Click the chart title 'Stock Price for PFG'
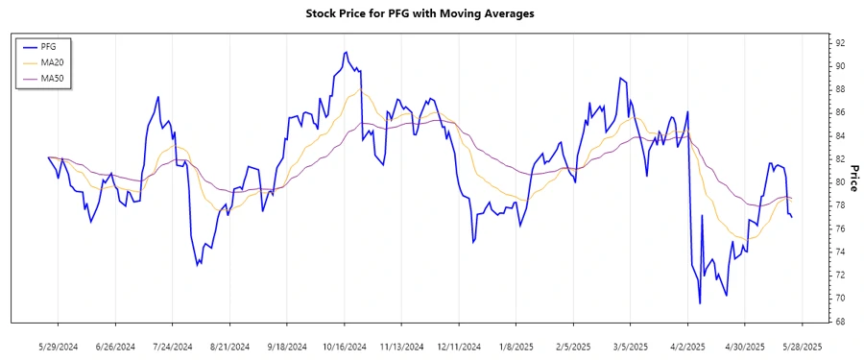pos(432,13)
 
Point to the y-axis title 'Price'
pos(852,181)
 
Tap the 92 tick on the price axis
pos(839,43)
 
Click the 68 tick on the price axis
pos(839,322)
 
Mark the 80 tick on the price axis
pos(839,182)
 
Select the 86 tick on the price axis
pos(839,112)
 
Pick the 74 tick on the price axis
pos(839,252)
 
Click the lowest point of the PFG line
pos(700,303)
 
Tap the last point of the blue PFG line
pos(792,217)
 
